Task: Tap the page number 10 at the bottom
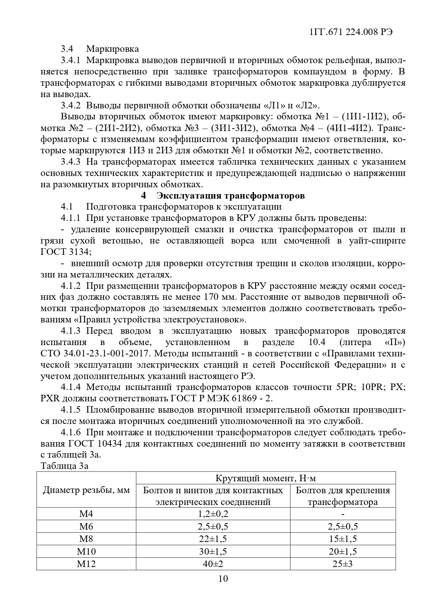(x=223, y=579)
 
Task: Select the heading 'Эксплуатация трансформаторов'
(x=231, y=196)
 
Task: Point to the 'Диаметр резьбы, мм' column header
(x=86, y=490)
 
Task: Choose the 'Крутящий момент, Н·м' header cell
(x=265, y=478)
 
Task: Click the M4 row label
(x=86, y=514)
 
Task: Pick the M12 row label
(x=86, y=564)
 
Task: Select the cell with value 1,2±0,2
(x=213, y=514)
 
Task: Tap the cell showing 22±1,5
(x=213, y=539)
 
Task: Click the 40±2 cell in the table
(x=213, y=564)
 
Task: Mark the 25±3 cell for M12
(x=343, y=564)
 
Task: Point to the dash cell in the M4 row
(x=343, y=514)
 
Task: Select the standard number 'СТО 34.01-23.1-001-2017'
(x=94, y=353)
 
